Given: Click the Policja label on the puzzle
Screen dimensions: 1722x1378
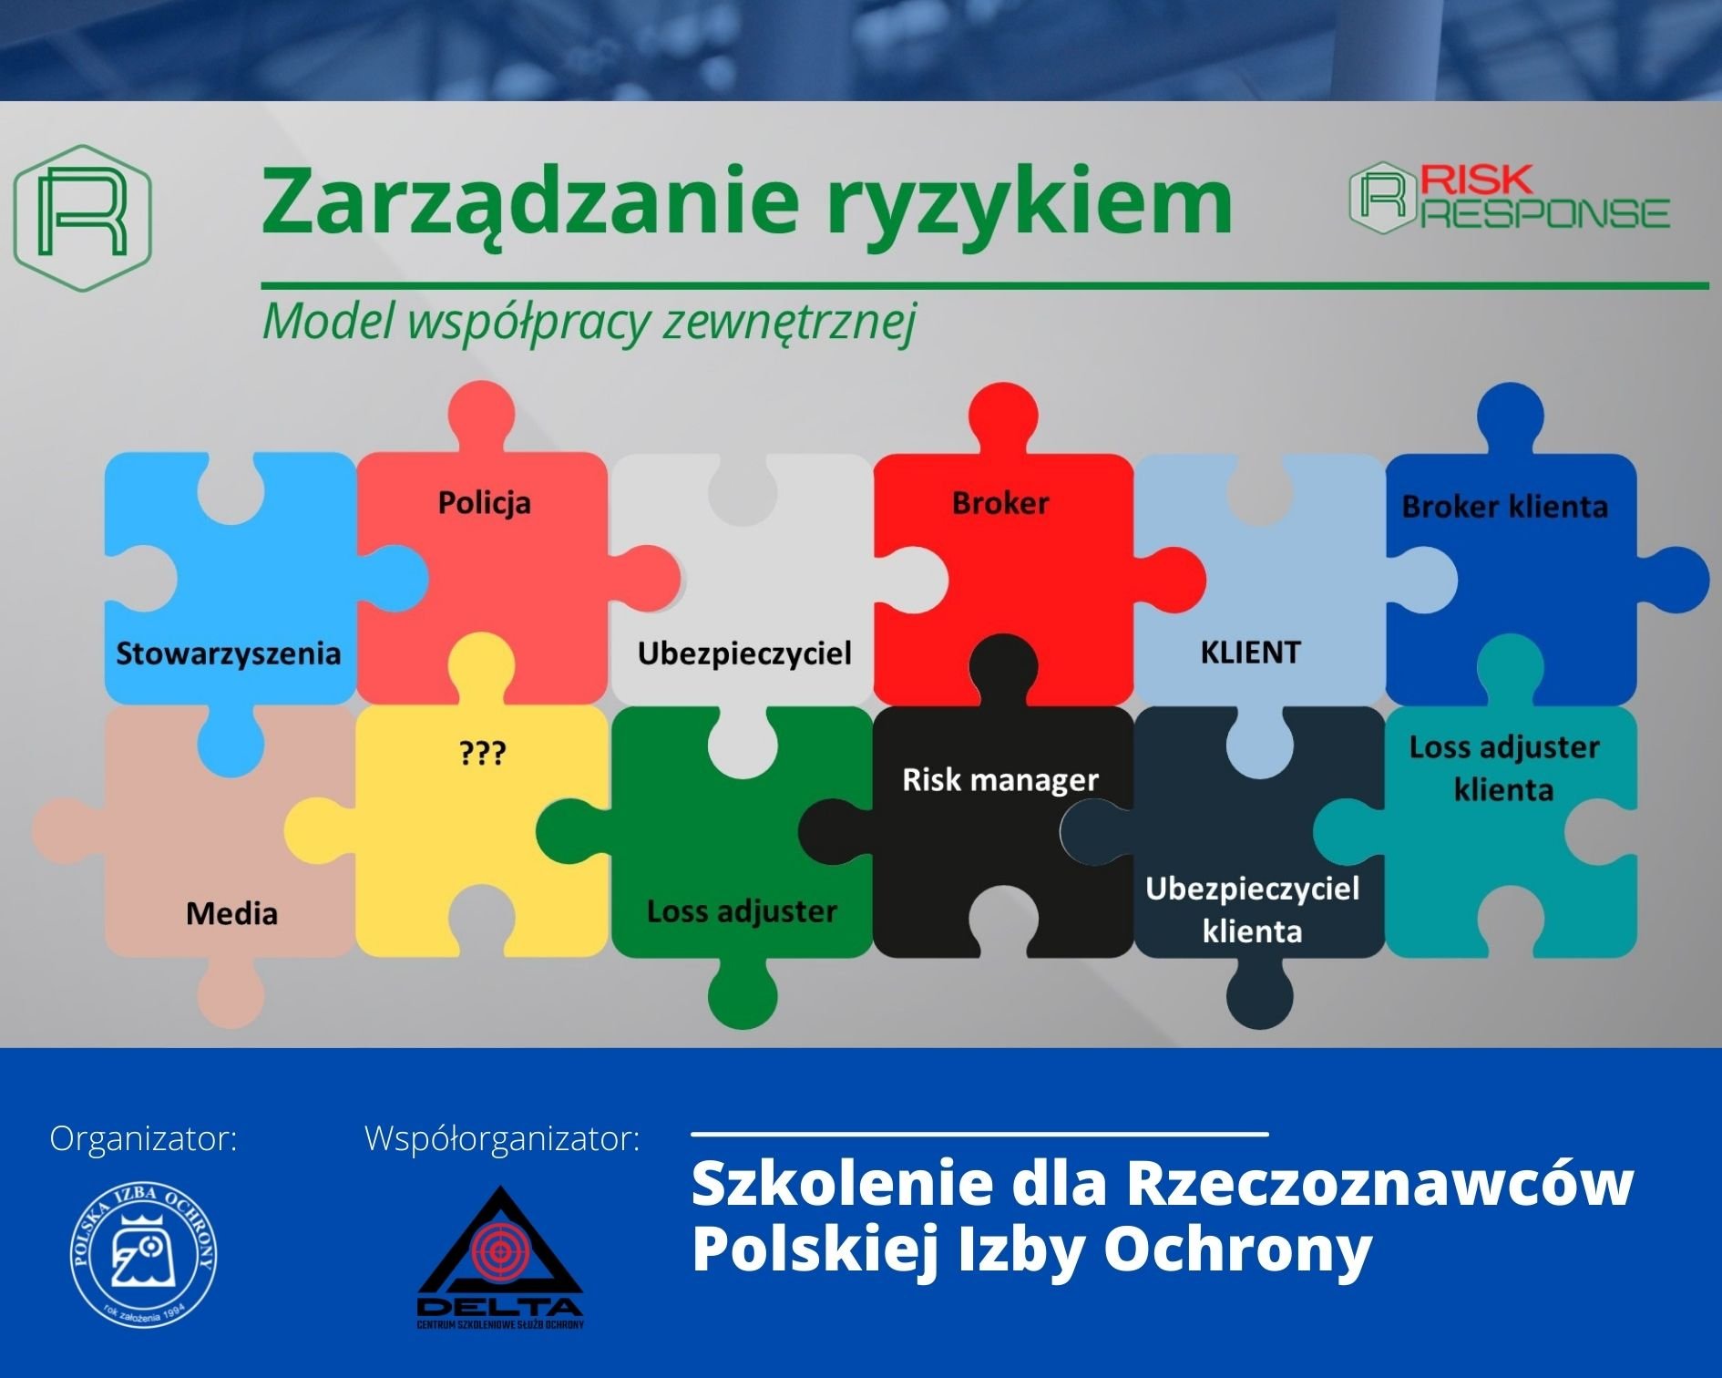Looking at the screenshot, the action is [x=484, y=503].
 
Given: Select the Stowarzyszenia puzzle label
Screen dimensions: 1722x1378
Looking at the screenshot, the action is [x=228, y=653].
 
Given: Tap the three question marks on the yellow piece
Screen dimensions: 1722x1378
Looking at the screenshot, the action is [x=482, y=754].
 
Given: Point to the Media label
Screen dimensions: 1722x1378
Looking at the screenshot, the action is [x=231, y=913].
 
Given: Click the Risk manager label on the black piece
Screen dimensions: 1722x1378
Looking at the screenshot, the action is [x=1000, y=780].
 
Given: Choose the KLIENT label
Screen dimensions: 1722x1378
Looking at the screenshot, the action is [x=1250, y=653].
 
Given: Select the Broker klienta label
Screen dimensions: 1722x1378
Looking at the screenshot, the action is [x=1504, y=507].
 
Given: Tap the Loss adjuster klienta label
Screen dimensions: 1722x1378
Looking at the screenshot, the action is [x=1504, y=768].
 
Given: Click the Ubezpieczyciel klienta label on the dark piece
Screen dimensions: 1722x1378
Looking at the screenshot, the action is [x=1252, y=910].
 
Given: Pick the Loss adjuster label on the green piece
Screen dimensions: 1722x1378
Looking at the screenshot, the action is [x=742, y=911].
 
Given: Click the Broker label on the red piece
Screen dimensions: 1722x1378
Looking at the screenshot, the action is [x=1000, y=503].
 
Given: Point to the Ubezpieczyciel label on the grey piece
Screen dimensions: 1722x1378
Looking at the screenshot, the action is [x=744, y=653].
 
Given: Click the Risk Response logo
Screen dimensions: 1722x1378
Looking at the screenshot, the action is [x=1509, y=197].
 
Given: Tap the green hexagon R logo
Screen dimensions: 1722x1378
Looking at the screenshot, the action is [x=82, y=218].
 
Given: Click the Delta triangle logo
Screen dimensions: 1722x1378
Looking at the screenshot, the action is [x=500, y=1257].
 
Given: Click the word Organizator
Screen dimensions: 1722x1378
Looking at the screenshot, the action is [x=143, y=1138].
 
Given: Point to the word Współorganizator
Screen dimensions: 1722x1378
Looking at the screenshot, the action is [x=502, y=1138].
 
